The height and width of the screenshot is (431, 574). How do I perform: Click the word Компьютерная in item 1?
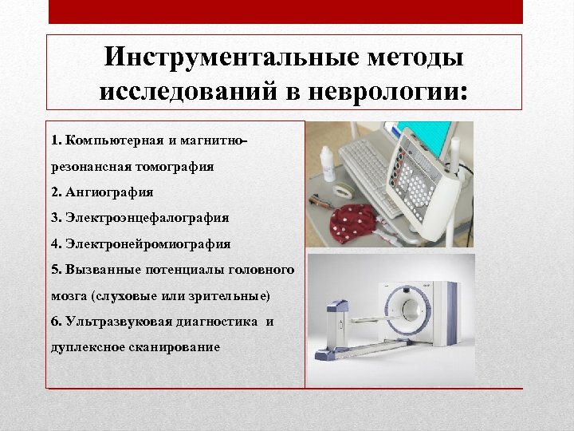coord(116,140)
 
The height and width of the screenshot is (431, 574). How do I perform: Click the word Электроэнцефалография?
coord(147,218)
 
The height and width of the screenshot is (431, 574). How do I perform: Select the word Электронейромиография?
coord(147,243)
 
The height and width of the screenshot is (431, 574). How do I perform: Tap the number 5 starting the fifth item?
coord(54,270)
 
